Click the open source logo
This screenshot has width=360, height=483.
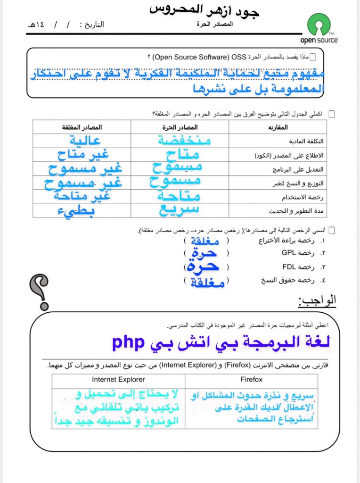point(322,28)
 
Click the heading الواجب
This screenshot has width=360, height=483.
point(318,300)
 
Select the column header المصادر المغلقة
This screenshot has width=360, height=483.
point(82,127)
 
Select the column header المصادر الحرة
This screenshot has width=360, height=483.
point(180,127)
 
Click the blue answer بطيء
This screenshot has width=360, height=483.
point(78,211)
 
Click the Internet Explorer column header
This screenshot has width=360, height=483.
point(118,379)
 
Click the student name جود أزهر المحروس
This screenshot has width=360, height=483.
point(205,9)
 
